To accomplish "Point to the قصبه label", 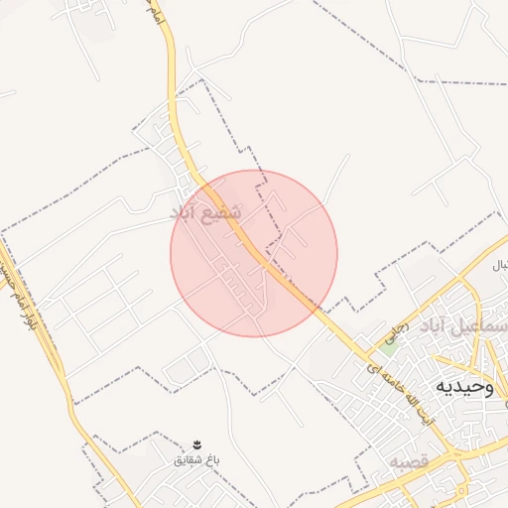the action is click(408, 462).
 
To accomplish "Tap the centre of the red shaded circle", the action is click(254, 253).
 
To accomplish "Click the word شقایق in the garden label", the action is click(185, 460).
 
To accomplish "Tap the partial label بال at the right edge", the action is click(500, 266).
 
